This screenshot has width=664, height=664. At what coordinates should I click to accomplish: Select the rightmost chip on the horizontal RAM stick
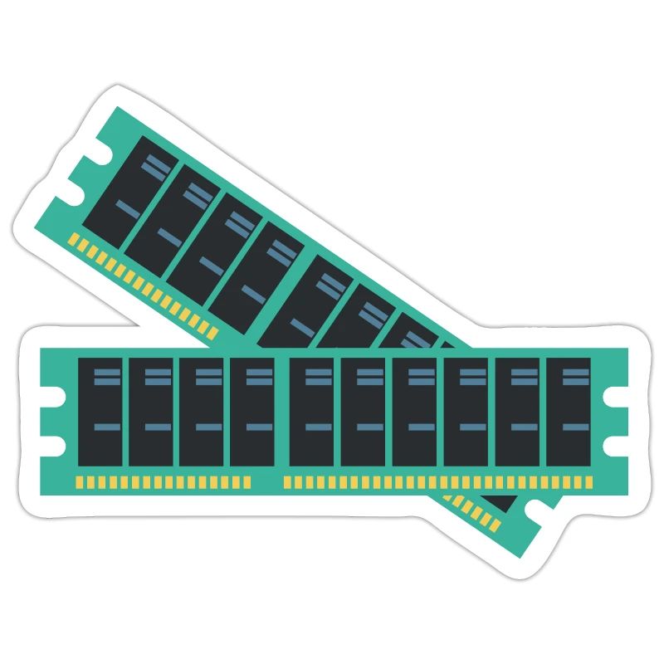(x=569, y=412)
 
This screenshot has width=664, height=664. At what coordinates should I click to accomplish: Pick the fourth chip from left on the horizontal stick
(x=252, y=412)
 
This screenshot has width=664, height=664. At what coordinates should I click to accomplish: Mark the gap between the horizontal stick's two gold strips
(x=266, y=481)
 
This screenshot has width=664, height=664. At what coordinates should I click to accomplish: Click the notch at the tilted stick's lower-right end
(x=529, y=515)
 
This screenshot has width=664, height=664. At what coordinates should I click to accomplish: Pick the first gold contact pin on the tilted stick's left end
(x=71, y=239)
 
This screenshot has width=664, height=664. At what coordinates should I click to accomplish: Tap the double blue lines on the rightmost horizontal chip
(x=569, y=376)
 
